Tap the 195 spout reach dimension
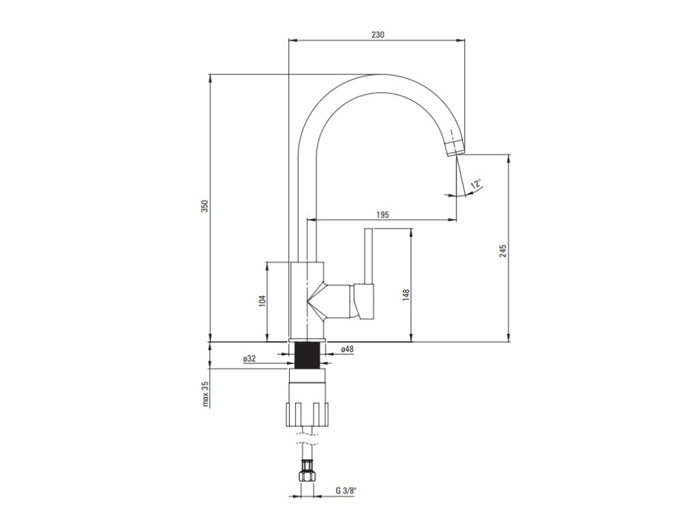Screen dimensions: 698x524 [382, 214]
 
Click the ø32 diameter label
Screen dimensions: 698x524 [249, 359]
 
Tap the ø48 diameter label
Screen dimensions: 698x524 [347, 349]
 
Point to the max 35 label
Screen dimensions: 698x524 [204, 394]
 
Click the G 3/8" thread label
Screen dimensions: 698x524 [346, 490]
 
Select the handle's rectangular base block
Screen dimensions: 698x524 [363, 302]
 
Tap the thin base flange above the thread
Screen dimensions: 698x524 [308, 340]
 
